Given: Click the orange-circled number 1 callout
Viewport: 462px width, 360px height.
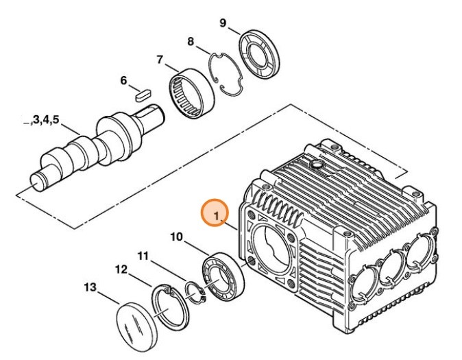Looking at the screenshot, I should [x=215, y=215].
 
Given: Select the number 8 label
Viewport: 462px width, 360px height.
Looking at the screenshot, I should [x=190, y=42].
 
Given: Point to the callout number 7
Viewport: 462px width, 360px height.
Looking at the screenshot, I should [x=160, y=60].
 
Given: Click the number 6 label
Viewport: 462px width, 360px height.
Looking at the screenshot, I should [x=124, y=80].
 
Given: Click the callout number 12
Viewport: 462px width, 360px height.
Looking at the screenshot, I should [x=120, y=269].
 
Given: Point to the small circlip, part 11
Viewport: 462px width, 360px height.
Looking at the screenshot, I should [x=196, y=293].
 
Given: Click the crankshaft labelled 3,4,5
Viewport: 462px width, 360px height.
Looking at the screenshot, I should [x=96, y=147].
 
